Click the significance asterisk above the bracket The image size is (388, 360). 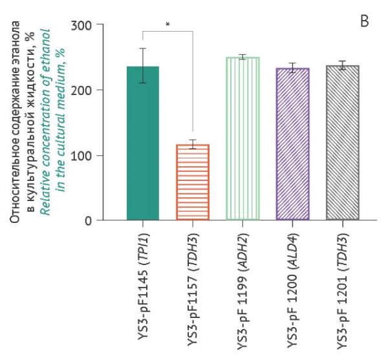click(167, 24)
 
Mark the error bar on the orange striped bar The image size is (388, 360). click(193, 144)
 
